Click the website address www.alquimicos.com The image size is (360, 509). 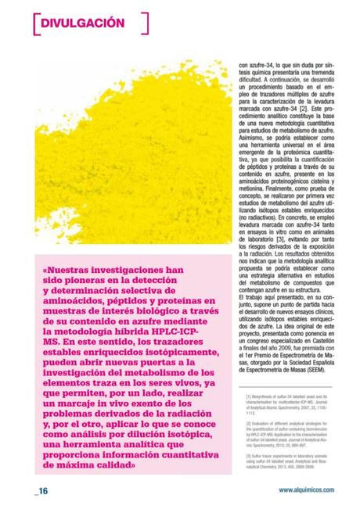(x=306, y=490)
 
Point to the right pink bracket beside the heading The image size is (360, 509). (x=146, y=23)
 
